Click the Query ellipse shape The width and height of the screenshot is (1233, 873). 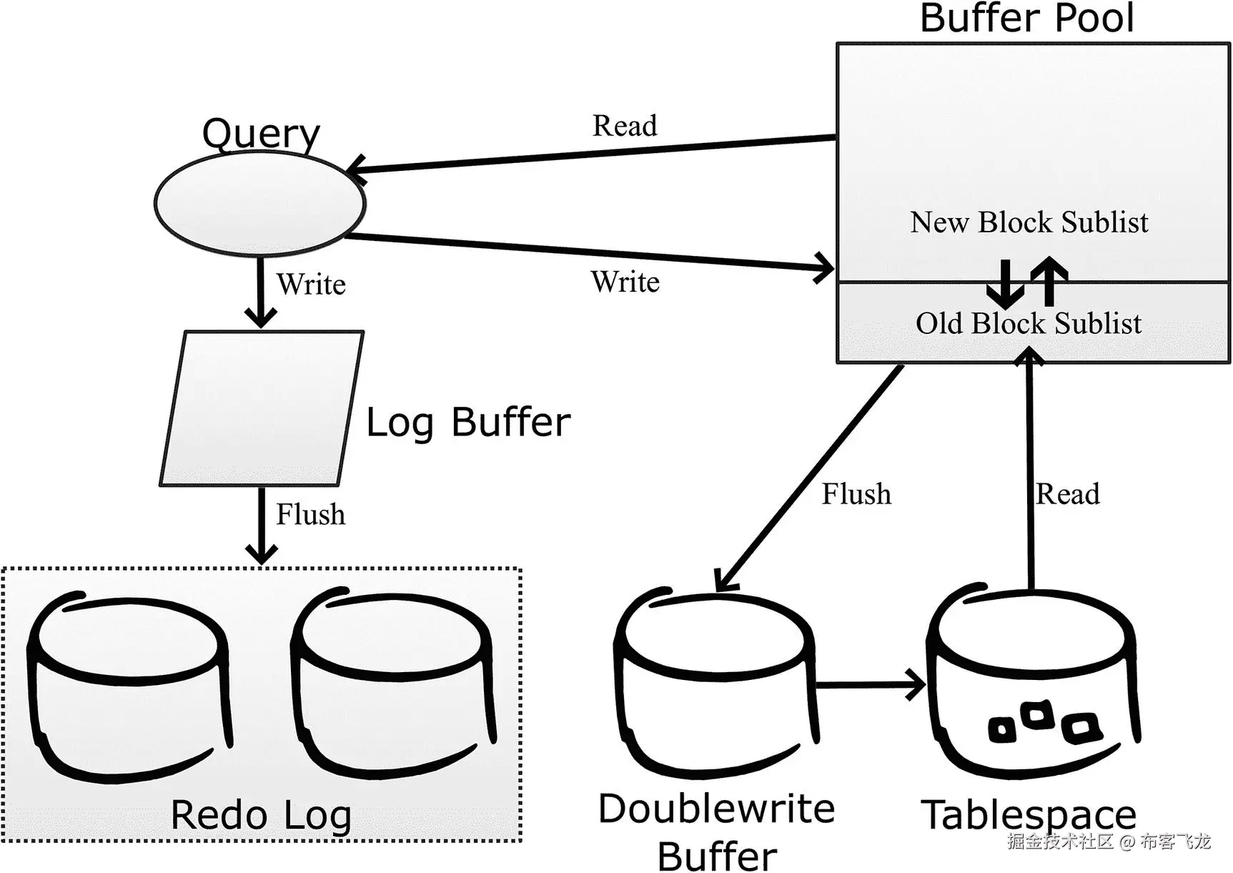click(260, 203)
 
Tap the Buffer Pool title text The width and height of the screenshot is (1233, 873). click(1026, 18)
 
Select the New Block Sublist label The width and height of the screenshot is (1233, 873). click(1029, 222)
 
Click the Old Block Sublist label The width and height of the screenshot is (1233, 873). click(1028, 323)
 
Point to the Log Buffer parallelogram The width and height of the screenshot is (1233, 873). click(262, 408)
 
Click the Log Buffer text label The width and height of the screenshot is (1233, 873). click(468, 422)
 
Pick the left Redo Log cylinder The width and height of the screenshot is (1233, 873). click(129, 686)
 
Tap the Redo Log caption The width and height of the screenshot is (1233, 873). click(261, 815)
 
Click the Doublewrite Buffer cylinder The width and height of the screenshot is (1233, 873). click(715, 686)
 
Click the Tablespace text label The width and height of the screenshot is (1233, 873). click(1028, 814)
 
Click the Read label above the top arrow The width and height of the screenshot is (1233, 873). click(624, 126)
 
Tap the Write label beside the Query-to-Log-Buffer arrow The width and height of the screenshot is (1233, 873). click(311, 285)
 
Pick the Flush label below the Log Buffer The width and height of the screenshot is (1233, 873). click(310, 515)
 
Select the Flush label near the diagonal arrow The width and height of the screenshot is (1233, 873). click(856, 494)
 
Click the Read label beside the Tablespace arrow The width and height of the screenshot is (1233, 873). click(1067, 494)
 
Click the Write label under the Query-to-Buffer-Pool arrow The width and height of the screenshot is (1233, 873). click(625, 282)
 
